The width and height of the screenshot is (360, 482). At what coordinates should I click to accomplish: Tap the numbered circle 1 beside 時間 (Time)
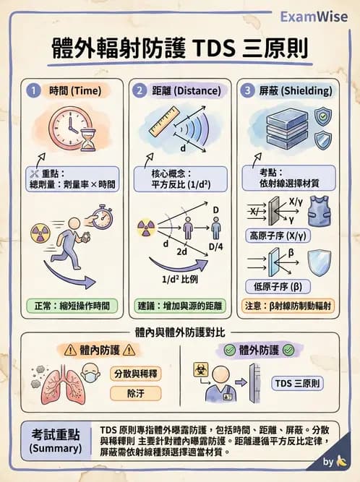(x=34, y=91)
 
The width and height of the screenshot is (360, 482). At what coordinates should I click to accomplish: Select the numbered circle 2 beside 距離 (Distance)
(x=139, y=91)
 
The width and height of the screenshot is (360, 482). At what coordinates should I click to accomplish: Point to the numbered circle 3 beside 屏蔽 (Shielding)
(x=248, y=91)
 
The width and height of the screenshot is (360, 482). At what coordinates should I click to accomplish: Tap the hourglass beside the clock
(x=88, y=139)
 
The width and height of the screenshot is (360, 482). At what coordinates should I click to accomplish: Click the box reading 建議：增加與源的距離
(x=180, y=305)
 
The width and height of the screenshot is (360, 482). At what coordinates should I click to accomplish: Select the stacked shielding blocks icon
(x=268, y=130)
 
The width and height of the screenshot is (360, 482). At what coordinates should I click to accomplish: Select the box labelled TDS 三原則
(x=297, y=383)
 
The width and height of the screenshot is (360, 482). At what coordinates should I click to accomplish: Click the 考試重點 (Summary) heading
(x=56, y=441)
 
